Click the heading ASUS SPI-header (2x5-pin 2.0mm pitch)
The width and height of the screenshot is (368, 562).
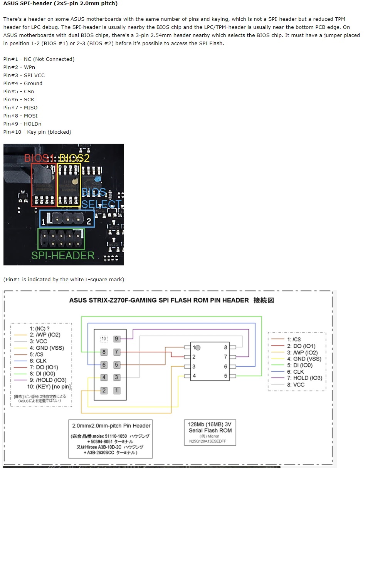click(x=60, y=3)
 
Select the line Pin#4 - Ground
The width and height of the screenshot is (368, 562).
click(x=23, y=83)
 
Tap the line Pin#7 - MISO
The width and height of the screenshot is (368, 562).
click(x=20, y=107)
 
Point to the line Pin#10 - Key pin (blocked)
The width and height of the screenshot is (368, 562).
click(x=37, y=132)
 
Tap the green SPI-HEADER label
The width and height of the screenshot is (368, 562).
click(x=63, y=255)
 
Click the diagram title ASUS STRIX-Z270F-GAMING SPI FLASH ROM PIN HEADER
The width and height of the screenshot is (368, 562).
click(x=159, y=300)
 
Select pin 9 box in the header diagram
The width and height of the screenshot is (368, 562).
click(x=117, y=339)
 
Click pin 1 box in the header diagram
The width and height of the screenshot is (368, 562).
click(x=117, y=390)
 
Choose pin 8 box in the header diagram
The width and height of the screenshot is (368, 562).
click(x=104, y=352)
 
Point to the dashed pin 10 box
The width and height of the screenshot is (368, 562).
click(x=104, y=339)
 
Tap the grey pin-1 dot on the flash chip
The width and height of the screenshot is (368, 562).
click(x=198, y=347)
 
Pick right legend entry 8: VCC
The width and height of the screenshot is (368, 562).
click(x=296, y=384)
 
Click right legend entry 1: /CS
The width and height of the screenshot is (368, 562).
click(x=294, y=339)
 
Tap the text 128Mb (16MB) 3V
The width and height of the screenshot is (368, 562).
click(x=210, y=424)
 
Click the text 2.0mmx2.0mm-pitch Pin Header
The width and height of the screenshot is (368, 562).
click(x=111, y=426)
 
